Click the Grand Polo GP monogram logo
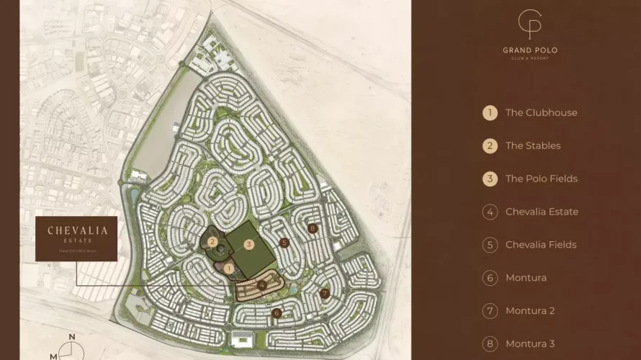pos(530,25)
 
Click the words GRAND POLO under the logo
pos(530,50)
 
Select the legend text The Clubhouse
pos(541,112)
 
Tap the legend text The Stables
pos(532,145)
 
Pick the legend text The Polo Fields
pos(541,179)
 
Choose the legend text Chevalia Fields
pos(540,245)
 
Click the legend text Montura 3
pos(530,344)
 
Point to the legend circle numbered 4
pos(490,212)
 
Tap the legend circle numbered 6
pos(490,278)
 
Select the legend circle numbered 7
pos(490,311)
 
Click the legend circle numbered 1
pos(490,112)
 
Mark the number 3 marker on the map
pos(249,244)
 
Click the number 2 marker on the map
pos(212,242)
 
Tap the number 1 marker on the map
pos(228,269)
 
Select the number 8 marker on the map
pos(312,228)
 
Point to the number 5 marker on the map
pos(284,243)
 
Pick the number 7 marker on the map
pos(325,294)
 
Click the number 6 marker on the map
pos(277,313)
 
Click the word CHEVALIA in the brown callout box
pos(77,230)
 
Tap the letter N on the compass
pos(71,337)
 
